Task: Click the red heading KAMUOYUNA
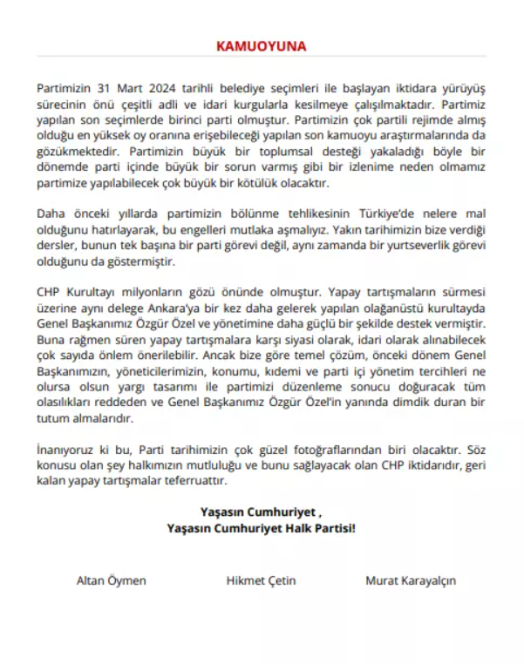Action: [262, 46]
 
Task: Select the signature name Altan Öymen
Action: [112, 580]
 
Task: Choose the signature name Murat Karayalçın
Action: [411, 580]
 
